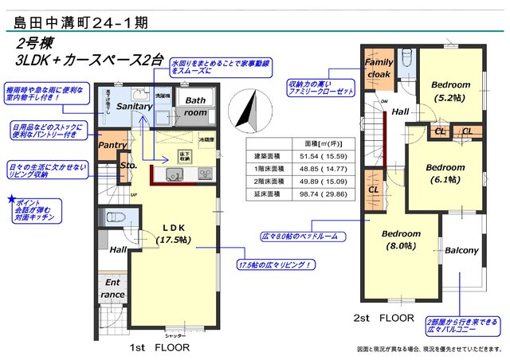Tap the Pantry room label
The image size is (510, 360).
[112, 146]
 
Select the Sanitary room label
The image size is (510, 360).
[135, 106]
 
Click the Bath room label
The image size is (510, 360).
[195, 107]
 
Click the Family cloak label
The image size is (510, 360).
[379, 68]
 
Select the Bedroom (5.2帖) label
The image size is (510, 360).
[451, 91]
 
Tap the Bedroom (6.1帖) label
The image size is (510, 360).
[444, 174]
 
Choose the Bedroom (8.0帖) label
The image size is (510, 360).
[400, 240]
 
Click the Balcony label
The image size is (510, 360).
[461, 251]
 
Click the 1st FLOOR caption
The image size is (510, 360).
[159, 348]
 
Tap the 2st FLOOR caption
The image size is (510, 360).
[384, 317]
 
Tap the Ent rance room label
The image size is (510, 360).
[113, 288]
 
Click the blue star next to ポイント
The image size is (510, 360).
[10, 198]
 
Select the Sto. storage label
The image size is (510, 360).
[128, 166]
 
